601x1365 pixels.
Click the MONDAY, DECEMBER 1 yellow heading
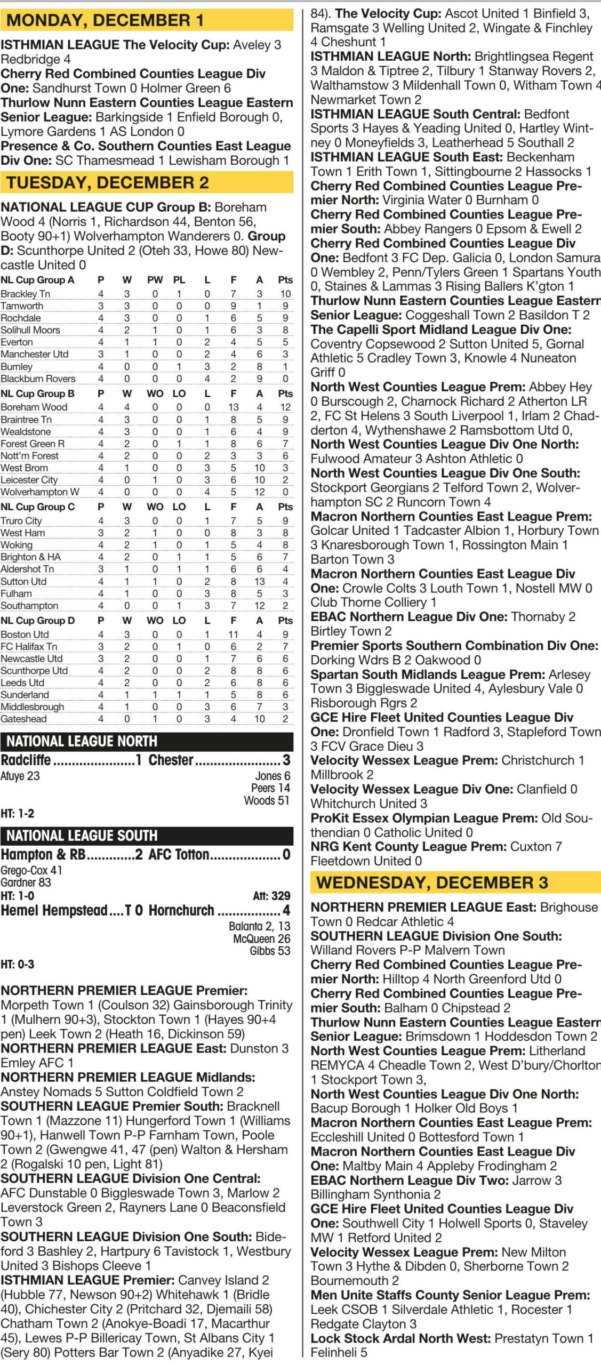(x=105, y=20)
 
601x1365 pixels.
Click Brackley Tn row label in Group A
(x=25, y=294)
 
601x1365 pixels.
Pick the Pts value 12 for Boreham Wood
(x=285, y=407)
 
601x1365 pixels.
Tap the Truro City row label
(x=21, y=521)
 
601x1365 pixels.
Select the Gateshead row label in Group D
(x=23, y=719)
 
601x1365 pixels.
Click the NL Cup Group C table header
(x=37, y=507)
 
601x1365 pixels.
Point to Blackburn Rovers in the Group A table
(x=38, y=379)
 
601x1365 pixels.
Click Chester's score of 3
(x=286, y=760)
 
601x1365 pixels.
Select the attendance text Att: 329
(x=271, y=896)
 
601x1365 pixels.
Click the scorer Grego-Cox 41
(x=31, y=870)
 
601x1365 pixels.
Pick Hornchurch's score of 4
(x=286, y=910)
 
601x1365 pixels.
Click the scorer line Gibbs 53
(x=270, y=951)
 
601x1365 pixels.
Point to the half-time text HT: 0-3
(x=18, y=964)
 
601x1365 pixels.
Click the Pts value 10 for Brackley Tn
(x=285, y=294)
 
